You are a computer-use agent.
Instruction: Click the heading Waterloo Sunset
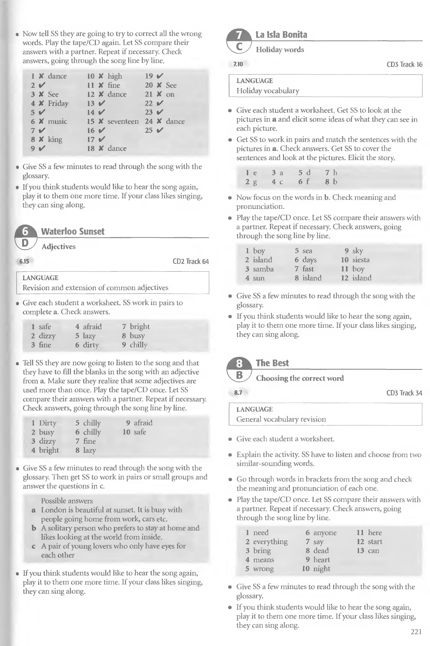click(x=73, y=231)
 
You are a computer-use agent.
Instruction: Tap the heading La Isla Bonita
click(x=281, y=35)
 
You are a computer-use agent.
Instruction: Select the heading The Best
click(x=272, y=363)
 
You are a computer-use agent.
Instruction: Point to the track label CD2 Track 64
click(x=191, y=261)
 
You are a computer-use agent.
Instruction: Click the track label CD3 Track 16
click(x=404, y=64)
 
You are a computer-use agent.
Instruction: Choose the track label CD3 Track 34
click(x=404, y=393)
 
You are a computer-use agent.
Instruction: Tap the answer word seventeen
click(x=123, y=122)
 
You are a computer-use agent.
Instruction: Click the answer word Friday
click(x=58, y=103)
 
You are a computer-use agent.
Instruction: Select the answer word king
click(x=55, y=140)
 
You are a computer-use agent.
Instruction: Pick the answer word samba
click(x=263, y=269)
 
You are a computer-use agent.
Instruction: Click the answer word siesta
click(x=361, y=260)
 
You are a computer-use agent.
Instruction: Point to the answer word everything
click(x=270, y=541)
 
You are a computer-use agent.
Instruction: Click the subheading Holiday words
click(x=280, y=50)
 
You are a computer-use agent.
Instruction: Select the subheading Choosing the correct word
click(x=300, y=378)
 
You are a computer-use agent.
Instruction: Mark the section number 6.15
click(x=24, y=261)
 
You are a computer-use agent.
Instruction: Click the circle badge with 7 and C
click(x=239, y=41)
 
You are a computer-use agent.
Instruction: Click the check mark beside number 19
click(x=160, y=76)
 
